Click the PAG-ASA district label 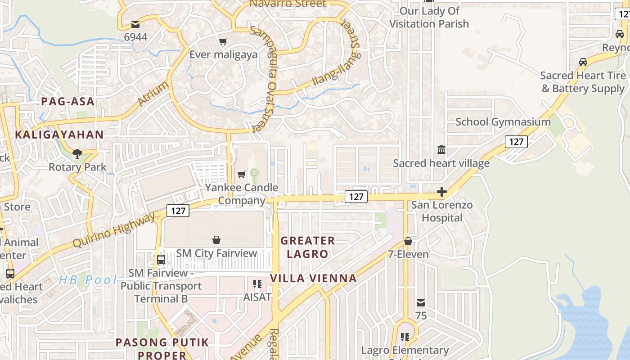(68, 101)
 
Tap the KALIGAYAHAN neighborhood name (59, 135)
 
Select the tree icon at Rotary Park (77, 154)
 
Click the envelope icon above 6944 (135, 24)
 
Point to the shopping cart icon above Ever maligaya (223, 42)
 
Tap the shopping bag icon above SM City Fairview (216, 240)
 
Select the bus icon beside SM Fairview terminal (161, 260)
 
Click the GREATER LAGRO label (308, 247)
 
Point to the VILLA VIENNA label (313, 279)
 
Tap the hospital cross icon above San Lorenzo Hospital (442, 192)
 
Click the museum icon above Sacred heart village (441, 149)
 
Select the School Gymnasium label (503, 122)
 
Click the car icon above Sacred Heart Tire (583, 62)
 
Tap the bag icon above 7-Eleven (408, 242)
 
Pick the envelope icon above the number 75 (421, 303)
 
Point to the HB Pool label (88, 280)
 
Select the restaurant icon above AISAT (257, 284)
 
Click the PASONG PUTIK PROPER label (162, 349)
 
